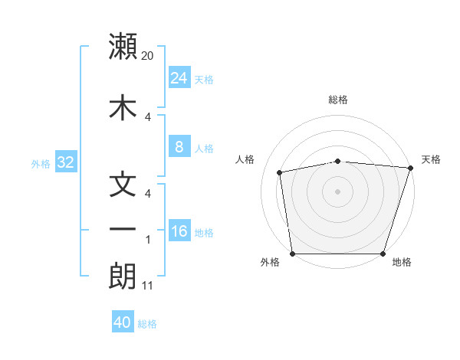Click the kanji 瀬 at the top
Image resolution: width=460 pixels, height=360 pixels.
click(123, 47)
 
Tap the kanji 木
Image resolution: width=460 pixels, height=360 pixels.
click(123, 107)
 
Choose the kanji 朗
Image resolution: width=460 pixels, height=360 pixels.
click(123, 277)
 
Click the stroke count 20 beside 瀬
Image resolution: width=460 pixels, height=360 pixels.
click(148, 55)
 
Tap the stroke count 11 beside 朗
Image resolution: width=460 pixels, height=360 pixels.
click(148, 286)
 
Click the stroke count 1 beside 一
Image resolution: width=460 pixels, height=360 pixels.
click(147, 240)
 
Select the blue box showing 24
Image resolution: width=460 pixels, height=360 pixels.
click(179, 77)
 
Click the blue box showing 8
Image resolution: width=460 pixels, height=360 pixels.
click(179, 147)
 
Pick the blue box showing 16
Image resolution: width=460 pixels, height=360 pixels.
click(179, 231)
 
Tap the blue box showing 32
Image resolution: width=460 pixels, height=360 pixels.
click(64, 162)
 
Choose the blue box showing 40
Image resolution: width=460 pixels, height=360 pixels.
click(123, 322)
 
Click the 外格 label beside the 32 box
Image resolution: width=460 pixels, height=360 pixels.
click(41, 163)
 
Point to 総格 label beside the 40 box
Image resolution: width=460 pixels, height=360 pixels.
click(147, 323)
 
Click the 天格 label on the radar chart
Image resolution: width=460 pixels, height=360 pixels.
click(431, 159)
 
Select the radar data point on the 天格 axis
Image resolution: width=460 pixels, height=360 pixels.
click(410, 169)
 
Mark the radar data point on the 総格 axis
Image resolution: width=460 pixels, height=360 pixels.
click(337, 162)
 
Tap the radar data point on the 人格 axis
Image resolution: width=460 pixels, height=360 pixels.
click(280, 173)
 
